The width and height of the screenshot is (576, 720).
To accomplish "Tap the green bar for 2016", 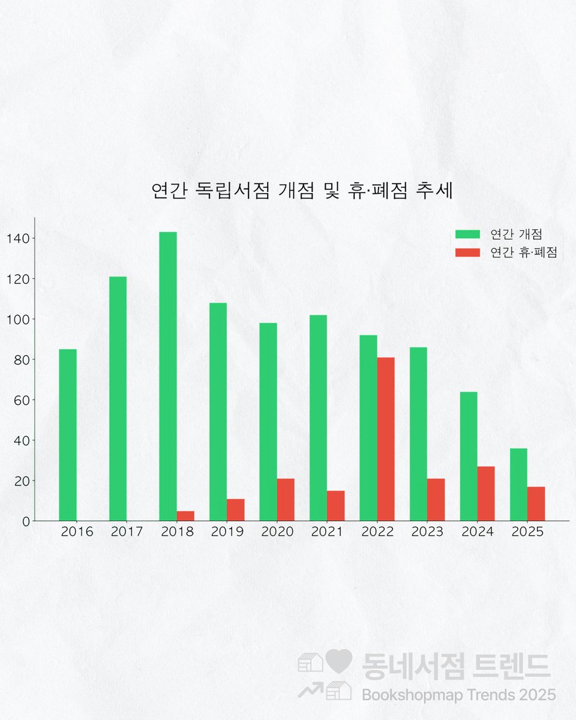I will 68,435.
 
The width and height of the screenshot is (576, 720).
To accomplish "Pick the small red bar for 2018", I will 185,516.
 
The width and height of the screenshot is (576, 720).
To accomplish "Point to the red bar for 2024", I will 486,494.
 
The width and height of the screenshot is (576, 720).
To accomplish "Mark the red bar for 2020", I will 286,500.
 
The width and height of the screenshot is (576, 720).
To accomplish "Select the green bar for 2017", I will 118,398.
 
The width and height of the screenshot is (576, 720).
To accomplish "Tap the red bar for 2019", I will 236,510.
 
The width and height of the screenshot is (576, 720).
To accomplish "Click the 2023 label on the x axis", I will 427,532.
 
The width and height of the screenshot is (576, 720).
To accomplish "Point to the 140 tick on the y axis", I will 18,239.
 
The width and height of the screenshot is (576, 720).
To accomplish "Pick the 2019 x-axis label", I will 227,532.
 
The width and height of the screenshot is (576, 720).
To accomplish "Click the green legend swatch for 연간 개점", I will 467,234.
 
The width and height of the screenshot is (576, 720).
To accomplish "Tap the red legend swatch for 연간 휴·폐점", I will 467,253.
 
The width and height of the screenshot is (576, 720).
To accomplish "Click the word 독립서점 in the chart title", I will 233,191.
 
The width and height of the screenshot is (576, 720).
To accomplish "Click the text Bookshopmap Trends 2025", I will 458,695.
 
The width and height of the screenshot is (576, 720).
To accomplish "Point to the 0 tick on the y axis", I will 26,521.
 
